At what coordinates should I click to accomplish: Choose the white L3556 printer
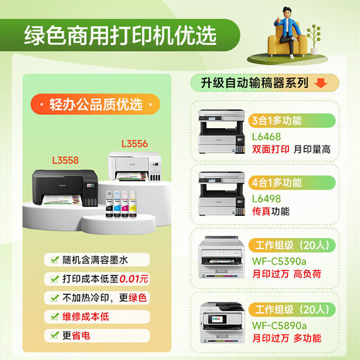[x=135, y=170]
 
